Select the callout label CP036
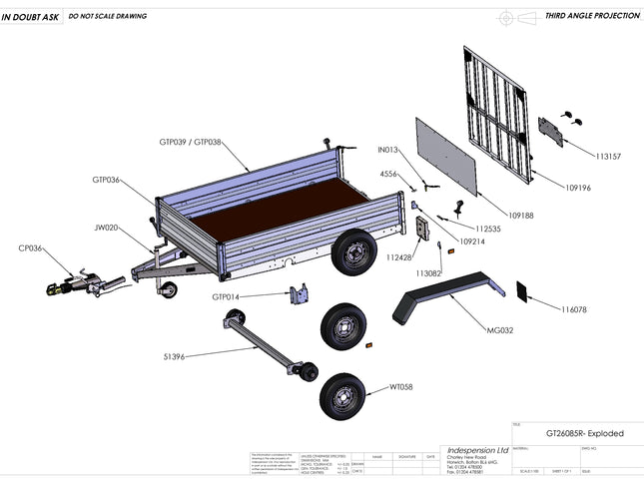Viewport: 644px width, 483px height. point(30,247)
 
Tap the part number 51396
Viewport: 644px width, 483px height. point(173,354)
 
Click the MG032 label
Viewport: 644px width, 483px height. point(499,330)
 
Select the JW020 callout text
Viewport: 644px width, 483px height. point(107,227)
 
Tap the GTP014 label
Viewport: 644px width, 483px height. point(226,296)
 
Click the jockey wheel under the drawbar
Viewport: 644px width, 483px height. point(168,289)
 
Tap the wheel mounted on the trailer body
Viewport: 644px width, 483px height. point(350,253)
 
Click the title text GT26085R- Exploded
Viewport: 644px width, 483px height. point(584,434)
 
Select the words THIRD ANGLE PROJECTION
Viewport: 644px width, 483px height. point(592,17)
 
